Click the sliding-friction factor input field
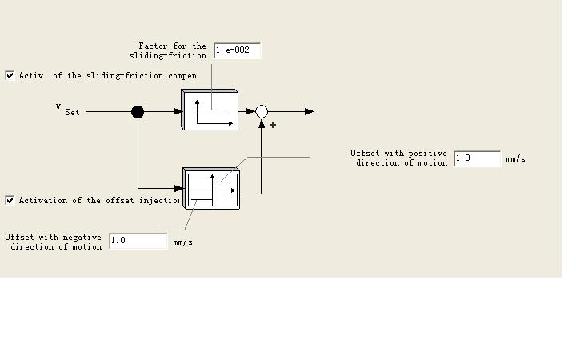pyautogui.click(x=237, y=50)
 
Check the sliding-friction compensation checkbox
pyautogui.click(x=10, y=75)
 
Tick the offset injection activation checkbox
pyautogui.click(x=10, y=200)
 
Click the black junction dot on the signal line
pyautogui.click(x=138, y=112)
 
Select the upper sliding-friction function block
pyautogui.click(x=210, y=110)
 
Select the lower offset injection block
pyautogui.click(x=212, y=188)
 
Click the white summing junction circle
pyautogui.click(x=262, y=112)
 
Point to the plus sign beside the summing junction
pyautogui.click(x=273, y=125)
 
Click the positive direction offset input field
pyautogui.click(x=477, y=158)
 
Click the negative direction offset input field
pyautogui.click(x=138, y=241)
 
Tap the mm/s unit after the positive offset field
pyautogui.click(x=515, y=159)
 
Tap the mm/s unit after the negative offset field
pyautogui.click(x=182, y=242)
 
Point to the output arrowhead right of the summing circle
pyautogui.click(x=310, y=112)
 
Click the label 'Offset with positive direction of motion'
pyautogui.click(x=398, y=158)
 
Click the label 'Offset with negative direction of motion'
pyautogui.click(x=54, y=242)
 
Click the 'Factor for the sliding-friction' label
pyautogui.click(x=169, y=50)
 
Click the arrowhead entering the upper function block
pyautogui.click(x=178, y=112)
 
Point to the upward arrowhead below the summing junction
pyautogui.click(x=262, y=122)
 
